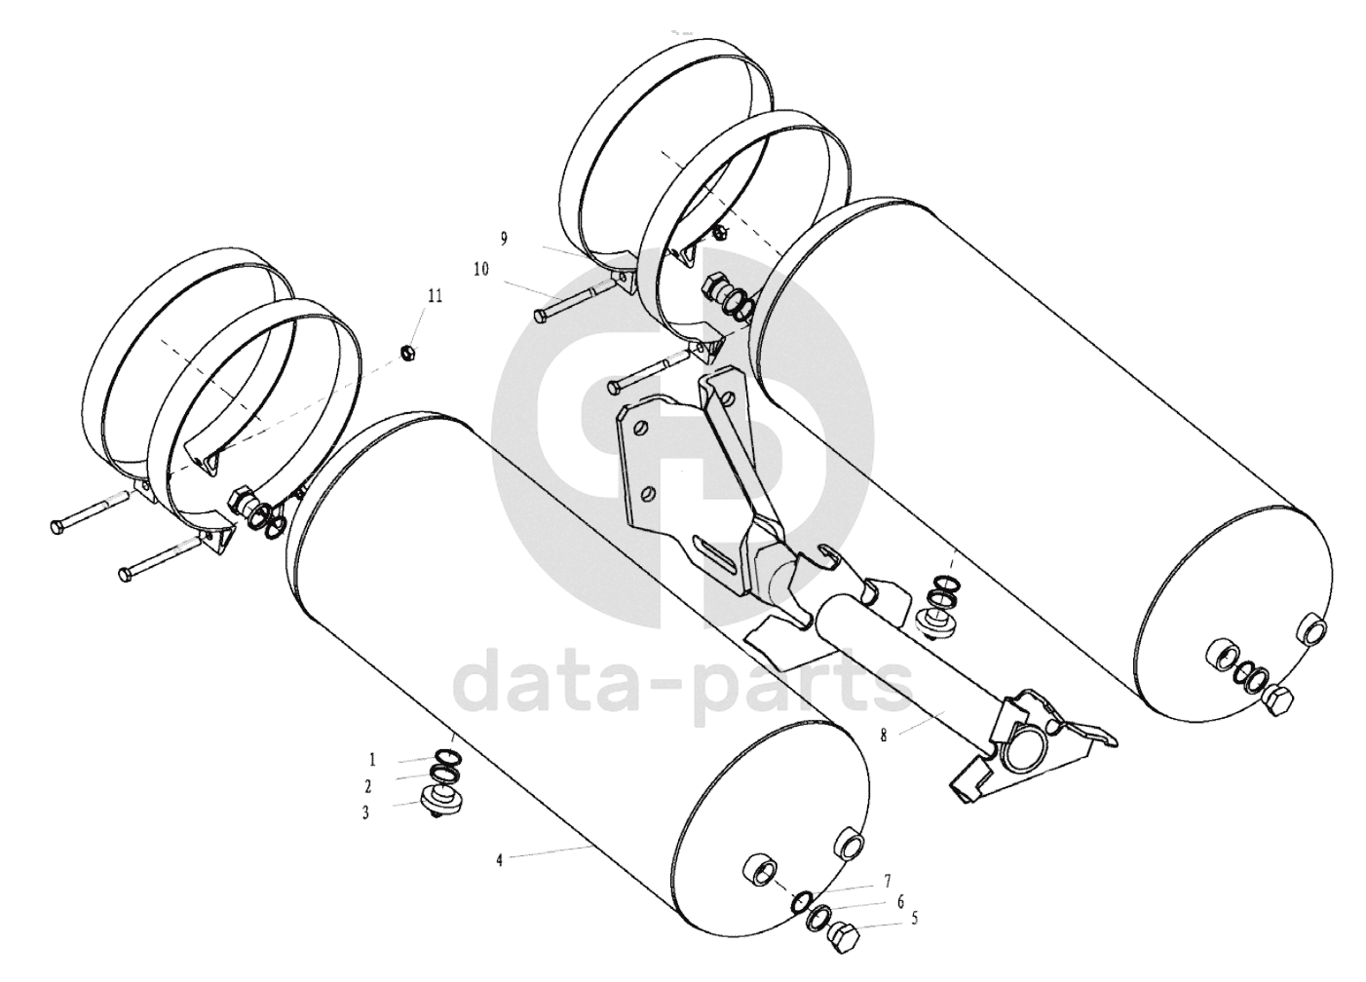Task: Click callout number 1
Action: tap(372, 760)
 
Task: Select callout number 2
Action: tap(367, 787)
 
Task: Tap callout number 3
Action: tap(366, 813)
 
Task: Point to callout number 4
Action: tap(500, 860)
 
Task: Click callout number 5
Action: tap(915, 919)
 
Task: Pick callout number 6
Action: tap(900, 901)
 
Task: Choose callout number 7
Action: tap(888, 882)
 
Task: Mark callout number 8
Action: tap(885, 736)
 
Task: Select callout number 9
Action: tap(505, 239)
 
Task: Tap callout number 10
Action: tap(481, 269)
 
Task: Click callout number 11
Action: tap(435, 296)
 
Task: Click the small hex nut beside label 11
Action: tap(406, 352)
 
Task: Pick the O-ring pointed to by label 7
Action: tap(801, 901)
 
